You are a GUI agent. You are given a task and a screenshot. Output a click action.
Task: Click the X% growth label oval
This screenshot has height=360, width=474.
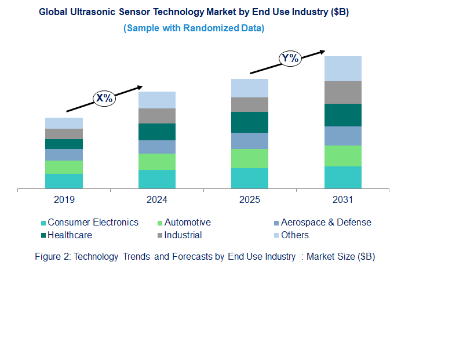(104, 98)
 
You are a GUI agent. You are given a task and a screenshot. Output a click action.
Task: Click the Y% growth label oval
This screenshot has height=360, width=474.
(290, 58)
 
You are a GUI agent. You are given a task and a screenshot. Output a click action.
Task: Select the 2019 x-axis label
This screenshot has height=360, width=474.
(64, 200)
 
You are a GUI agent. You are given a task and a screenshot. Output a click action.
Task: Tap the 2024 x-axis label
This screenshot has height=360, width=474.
(156, 200)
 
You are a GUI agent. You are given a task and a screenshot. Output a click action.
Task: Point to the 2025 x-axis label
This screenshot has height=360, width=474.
(250, 200)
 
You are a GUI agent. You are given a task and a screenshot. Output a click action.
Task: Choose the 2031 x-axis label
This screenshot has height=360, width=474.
(342, 200)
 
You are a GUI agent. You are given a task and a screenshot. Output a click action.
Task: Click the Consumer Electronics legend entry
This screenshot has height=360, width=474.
(93, 223)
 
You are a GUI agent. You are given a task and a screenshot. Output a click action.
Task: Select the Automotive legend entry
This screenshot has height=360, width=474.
(187, 223)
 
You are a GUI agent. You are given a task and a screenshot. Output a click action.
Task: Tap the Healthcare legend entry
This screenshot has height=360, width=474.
(70, 235)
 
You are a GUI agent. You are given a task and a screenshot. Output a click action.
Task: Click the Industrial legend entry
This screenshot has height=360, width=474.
(183, 235)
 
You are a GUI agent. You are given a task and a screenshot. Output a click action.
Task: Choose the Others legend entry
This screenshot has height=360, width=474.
(294, 235)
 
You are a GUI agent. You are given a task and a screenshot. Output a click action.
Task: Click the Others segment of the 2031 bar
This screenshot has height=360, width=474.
(342, 68)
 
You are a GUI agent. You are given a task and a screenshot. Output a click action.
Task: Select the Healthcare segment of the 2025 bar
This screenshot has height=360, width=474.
(250, 122)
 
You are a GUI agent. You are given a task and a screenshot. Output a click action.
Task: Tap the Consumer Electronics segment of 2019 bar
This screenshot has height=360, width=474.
(64, 181)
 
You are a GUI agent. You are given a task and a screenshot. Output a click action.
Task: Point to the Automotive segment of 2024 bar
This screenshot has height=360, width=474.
(156, 162)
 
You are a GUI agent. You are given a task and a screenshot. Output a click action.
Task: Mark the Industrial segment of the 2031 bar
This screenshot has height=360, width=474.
(342, 92)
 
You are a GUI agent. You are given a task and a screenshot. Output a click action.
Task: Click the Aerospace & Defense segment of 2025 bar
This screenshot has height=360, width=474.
(250, 141)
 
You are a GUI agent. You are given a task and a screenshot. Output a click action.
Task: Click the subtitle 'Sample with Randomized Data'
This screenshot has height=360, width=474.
(194, 28)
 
